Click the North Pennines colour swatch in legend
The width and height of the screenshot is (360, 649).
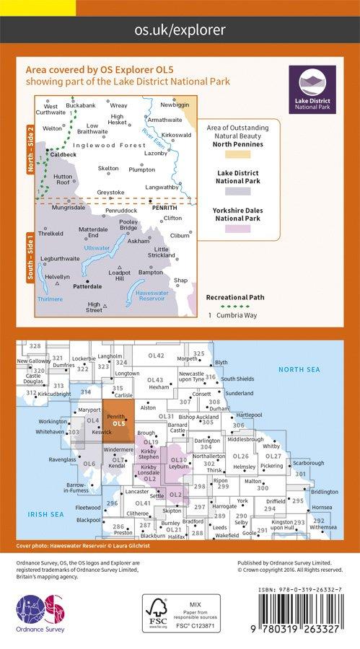click(x=237, y=155)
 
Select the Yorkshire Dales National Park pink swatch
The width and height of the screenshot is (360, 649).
click(x=237, y=229)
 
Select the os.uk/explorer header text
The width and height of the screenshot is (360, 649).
click(x=180, y=30)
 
